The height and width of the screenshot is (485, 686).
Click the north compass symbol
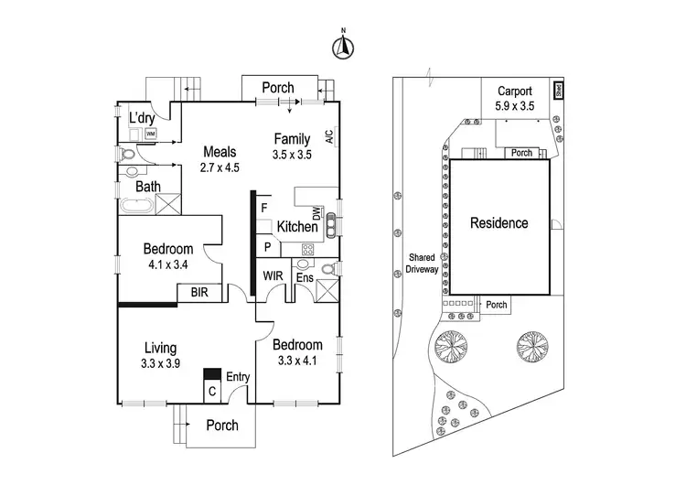(x=343, y=48)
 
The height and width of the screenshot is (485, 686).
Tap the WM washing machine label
(x=152, y=134)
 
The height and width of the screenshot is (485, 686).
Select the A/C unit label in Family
(x=328, y=137)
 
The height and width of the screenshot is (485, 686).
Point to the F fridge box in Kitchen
(x=263, y=208)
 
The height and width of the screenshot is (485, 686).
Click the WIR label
(x=273, y=274)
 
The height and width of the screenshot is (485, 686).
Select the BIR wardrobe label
(x=198, y=293)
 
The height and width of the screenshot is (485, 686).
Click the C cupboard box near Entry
(x=212, y=390)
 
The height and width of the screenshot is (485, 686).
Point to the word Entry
(x=238, y=376)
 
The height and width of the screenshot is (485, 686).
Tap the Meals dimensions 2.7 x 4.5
(x=220, y=167)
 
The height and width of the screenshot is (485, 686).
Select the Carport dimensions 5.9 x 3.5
(x=516, y=106)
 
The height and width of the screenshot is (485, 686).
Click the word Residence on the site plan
(x=499, y=223)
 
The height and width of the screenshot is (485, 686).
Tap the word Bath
(x=148, y=187)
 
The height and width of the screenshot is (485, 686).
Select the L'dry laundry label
(x=142, y=118)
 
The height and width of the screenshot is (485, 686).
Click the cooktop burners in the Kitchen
(x=308, y=248)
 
